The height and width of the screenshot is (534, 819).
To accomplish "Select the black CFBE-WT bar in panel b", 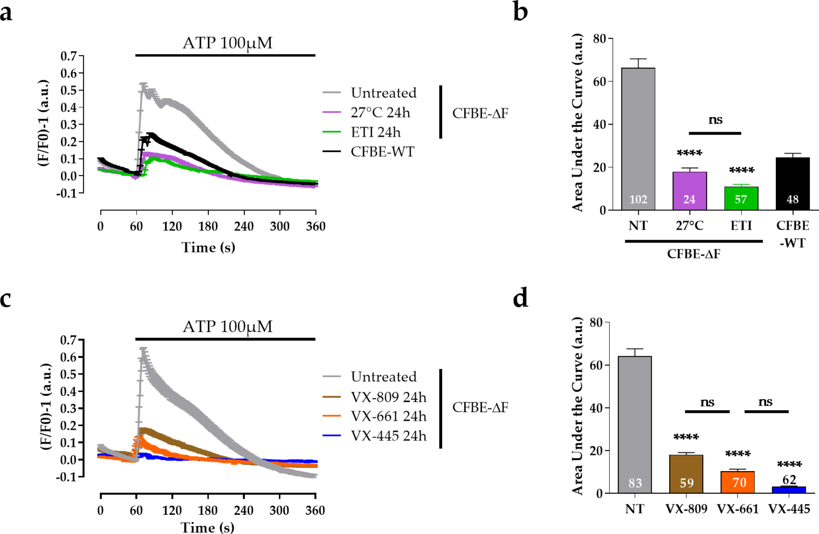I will click(792, 184).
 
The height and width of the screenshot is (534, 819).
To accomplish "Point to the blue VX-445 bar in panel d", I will click(789, 490).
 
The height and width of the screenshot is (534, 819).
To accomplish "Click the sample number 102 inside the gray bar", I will click(638, 199).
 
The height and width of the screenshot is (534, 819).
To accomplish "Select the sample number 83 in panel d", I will click(635, 483).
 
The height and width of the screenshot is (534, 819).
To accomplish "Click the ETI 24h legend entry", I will click(375, 132).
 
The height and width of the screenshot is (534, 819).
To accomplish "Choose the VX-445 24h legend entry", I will click(388, 436).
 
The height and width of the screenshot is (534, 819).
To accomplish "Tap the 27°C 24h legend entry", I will click(380, 113).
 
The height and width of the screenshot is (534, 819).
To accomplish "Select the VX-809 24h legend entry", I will click(388, 397).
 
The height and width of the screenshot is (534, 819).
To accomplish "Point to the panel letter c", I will click(6, 298).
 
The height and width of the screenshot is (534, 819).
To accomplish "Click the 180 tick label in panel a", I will click(208, 226).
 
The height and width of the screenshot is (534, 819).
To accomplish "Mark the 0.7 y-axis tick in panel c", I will click(68, 340).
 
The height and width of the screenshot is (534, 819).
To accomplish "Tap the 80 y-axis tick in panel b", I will click(599, 39).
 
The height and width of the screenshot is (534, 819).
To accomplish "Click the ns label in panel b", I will click(715, 120).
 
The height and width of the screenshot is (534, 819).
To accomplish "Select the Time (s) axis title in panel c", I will click(208, 527).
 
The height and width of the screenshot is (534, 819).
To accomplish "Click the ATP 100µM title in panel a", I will click(227, 43).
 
